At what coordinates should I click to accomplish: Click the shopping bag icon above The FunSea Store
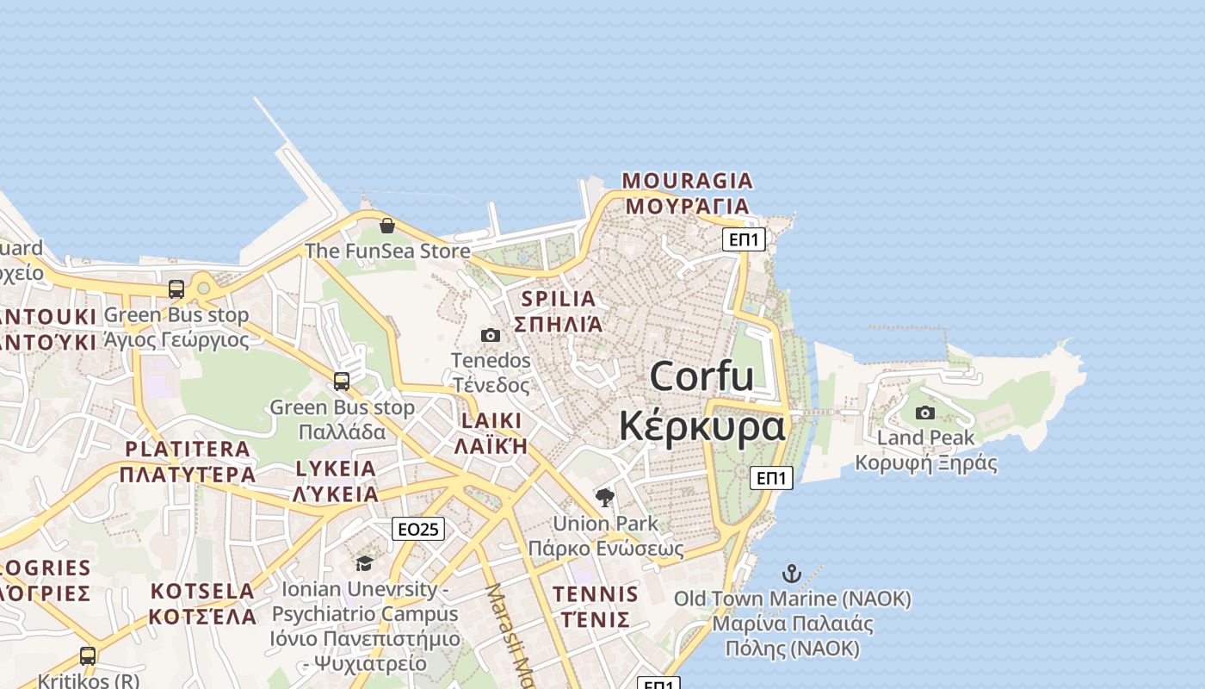387,226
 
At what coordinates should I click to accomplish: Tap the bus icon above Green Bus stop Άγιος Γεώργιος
176,289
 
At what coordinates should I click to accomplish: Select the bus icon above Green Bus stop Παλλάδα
342,381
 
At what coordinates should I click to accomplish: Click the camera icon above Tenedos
491,335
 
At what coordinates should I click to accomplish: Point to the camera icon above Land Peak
925,413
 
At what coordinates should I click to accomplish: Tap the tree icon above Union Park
605,497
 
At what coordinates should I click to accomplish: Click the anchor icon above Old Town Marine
791,573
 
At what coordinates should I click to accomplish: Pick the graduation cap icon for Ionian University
364,564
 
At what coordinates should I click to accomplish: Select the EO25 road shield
418,529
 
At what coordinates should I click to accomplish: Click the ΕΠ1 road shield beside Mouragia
744,239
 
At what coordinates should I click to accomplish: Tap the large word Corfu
701,377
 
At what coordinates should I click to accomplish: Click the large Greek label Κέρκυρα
701,426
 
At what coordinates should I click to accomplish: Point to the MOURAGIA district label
687,181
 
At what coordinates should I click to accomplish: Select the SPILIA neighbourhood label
559,299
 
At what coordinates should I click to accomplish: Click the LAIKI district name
491,421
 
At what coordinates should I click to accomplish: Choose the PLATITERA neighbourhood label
188,449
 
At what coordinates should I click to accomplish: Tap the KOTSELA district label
202,592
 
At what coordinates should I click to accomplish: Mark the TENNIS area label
596,594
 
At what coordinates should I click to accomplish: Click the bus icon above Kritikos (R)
88,656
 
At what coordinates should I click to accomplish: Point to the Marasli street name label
509,637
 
